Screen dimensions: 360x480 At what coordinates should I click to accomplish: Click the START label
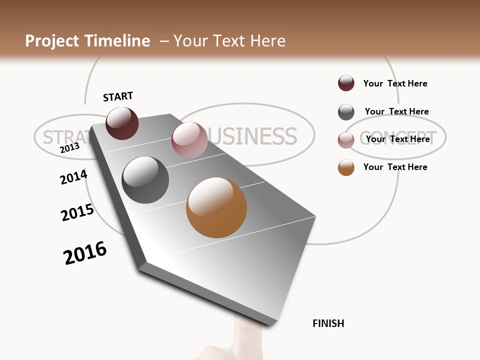tap(118, 96)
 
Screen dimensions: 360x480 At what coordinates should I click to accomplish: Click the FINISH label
tap(328, 323)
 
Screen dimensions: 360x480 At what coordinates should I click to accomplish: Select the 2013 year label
tap(69, 148)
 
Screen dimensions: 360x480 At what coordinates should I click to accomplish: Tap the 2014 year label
tap(73, 177)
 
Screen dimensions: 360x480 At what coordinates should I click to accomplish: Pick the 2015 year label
tap(77, 212)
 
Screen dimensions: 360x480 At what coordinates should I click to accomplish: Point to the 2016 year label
tap(85, 253)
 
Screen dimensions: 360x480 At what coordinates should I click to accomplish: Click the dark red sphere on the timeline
tap(122, 123)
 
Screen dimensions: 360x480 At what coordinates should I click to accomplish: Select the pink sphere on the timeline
tap(189, 140)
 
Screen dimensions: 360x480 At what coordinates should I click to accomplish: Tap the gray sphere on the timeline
tap(145, 180)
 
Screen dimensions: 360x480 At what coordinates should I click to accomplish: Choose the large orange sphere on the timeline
tap(216, 207)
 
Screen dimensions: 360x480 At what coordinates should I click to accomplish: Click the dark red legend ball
tap(346, 83)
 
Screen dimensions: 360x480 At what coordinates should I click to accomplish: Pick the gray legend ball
tap(346, 112)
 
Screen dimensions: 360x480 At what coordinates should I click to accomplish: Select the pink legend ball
tap(346, 140)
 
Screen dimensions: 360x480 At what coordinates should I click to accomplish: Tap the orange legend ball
tap(346, 167)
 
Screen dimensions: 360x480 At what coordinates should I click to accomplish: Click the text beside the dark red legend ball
tap(395, 83)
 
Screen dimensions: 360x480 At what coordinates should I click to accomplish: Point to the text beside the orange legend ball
tap(395, 167)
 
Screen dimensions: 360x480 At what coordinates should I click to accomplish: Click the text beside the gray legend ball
tap(396, 111)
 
